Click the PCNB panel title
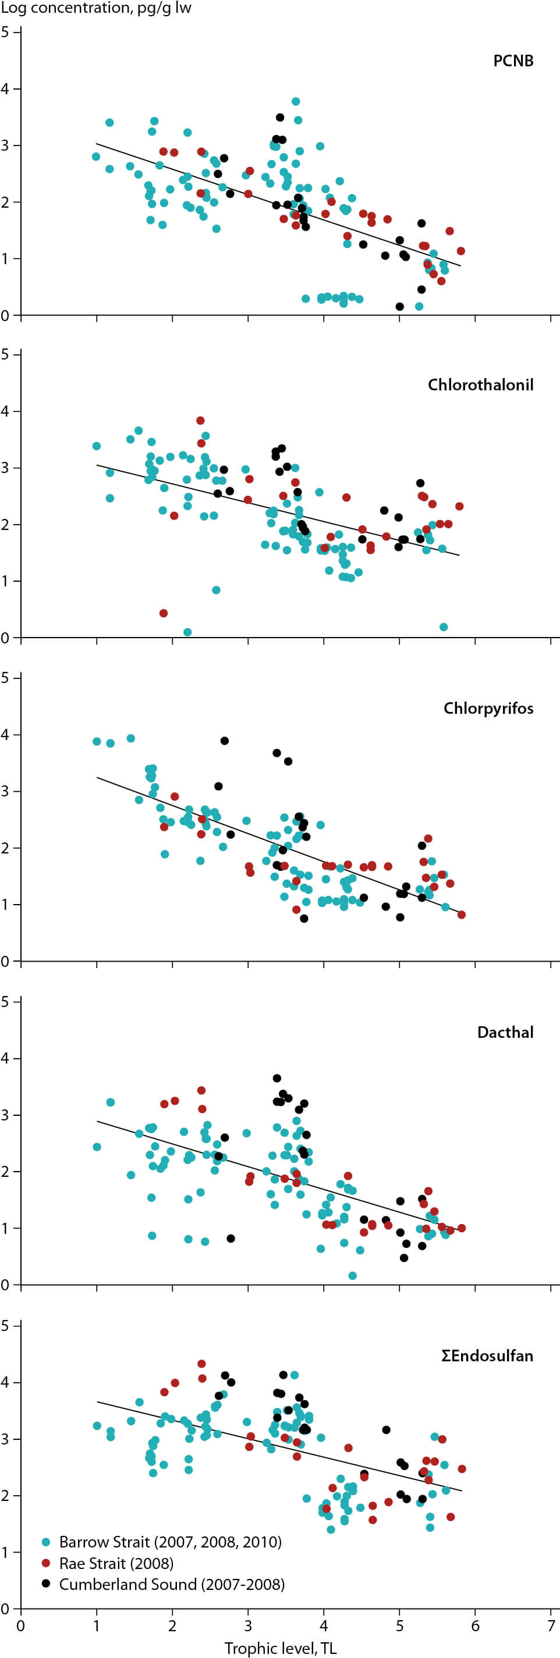513,61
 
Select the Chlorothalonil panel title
480,385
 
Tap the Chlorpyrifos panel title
488,709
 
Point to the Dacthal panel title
505,1033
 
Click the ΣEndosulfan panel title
487,1356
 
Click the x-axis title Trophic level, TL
280,1648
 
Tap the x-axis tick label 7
551,1626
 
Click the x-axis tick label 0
21,1626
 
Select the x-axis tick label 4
324,1626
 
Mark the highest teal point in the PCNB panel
296,102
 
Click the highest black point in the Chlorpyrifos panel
225,741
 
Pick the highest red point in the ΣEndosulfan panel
201,1364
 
